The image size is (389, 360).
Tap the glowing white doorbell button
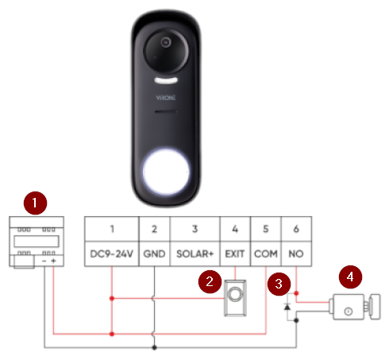[x=166, y=172]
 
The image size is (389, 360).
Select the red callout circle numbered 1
[x=35, y=203]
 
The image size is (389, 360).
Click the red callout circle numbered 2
[x=210, y=281]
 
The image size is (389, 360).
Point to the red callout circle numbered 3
[x=279, y=284]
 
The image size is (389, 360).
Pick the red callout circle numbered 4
[x=350, y=277]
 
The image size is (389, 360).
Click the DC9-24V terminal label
[x=111, y=254]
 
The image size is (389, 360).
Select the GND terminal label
[x=154, y=254]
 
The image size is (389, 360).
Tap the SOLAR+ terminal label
[x=194, y=254]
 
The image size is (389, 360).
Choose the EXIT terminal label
[x=235, y=254]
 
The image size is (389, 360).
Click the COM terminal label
[x=266, y=254]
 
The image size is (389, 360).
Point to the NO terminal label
[x=296, y=254]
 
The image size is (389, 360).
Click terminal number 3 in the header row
[x=194, y=229]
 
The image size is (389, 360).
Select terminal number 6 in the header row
[x=296, y=229]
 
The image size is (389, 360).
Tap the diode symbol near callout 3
[x=287, y=307]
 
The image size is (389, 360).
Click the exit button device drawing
[x=235, y=298]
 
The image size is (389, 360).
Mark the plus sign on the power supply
[x=53, y=261]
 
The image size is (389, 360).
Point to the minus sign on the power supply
[x=44, y=261]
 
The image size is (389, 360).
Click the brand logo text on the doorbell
[x=166, y=98]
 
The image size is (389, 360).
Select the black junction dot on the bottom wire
[x=155, y=347]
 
